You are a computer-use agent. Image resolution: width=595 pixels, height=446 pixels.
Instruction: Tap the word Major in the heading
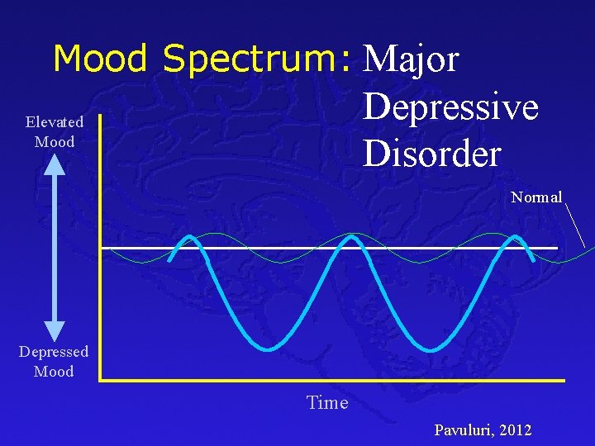(x=411, y=59)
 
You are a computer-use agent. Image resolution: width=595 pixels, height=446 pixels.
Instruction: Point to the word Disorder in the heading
(x=431, y=152)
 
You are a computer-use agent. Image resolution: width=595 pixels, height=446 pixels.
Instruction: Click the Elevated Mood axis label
(x=55, y=132)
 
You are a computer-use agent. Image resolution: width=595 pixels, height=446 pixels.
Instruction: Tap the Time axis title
(x=327, y=403)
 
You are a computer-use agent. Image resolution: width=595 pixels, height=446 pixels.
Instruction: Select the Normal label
(x=536, y=197)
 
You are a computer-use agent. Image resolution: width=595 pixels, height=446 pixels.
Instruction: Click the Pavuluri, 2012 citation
(x=483, y=430)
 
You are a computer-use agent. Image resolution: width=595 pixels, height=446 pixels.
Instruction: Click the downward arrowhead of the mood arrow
(x=55, y=333)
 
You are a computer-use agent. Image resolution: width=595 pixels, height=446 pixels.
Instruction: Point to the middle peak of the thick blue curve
(x=353, y=238)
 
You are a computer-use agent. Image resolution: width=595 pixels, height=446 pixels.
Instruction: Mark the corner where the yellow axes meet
(x=100, y=379)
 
